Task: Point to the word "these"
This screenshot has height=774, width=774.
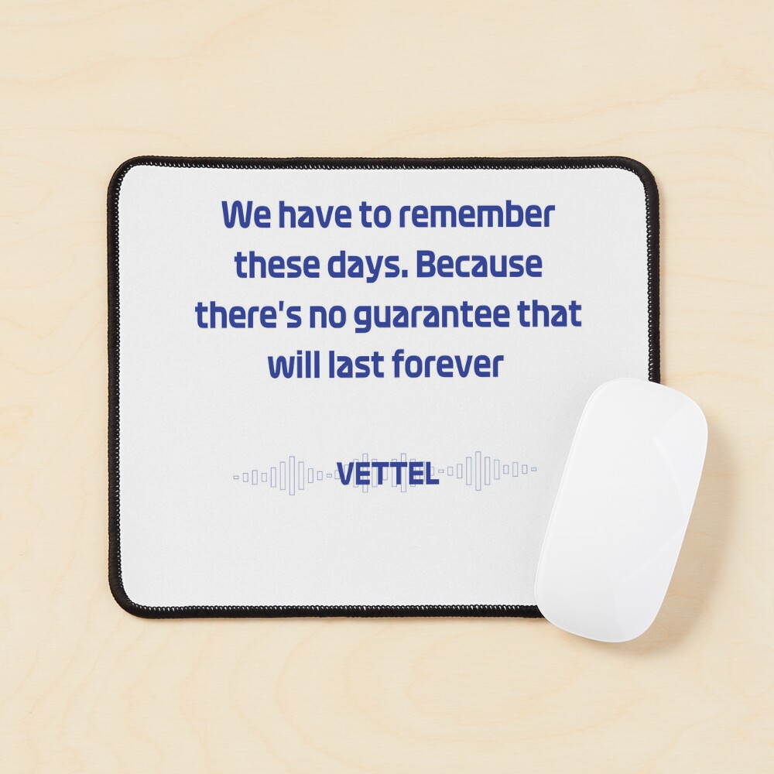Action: coord(276,265)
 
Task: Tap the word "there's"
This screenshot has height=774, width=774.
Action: coord(248,314)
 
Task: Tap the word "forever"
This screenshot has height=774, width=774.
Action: coord(447,365)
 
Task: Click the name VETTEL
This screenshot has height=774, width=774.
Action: coord(387,474)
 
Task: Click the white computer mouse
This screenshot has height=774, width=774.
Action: coord(621,509)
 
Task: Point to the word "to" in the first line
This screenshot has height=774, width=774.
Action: coord(374,216)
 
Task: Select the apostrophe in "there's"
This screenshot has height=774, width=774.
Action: coord(278,307)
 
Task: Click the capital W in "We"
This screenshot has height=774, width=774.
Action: coord(237,214)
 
